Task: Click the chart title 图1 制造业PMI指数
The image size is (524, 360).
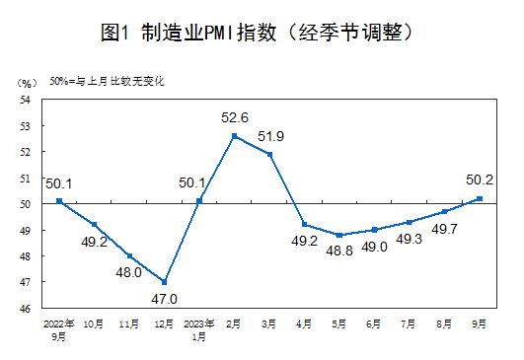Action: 188,33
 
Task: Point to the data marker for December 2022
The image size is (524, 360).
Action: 164,282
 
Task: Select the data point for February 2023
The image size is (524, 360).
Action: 235,136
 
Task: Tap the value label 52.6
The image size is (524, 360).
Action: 235,117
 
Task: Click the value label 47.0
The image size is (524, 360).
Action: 164,299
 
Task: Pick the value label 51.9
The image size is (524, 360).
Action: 270,136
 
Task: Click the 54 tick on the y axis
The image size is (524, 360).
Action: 25,100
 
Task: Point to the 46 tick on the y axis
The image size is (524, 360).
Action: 25,309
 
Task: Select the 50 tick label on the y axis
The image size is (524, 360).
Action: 25,204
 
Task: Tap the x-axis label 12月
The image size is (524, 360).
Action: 164,324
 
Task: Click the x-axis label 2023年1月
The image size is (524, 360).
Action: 199,330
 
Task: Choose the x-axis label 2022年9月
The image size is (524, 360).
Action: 59,330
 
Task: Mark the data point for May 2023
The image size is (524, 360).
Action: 339,235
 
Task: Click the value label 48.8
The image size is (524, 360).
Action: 339,251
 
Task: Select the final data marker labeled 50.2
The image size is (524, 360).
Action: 480,198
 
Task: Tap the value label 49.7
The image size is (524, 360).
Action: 444,229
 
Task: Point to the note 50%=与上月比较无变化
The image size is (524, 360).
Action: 107,81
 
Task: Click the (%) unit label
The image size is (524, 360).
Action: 28,83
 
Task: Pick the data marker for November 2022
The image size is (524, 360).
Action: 129,256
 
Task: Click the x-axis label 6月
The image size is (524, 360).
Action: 373,324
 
